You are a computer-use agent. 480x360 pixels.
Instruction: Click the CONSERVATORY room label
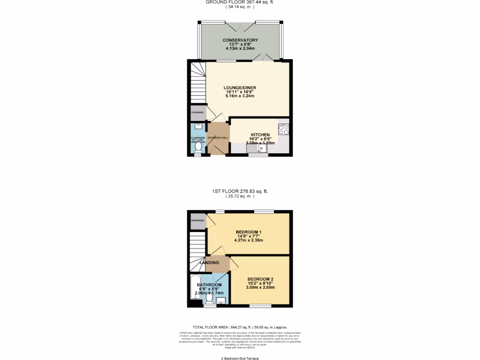pyautogui.click(x=240, y=40)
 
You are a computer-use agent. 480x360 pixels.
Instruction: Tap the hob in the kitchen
pyautogui.click(x=283, y=129)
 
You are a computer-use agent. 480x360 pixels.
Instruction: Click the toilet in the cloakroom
pyautogui.click(x=198, y=147)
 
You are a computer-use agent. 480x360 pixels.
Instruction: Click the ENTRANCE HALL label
pyautogui.click(x=218, y=137)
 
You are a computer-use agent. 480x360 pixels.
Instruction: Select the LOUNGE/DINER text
pyautogui.click(x=240, y=88)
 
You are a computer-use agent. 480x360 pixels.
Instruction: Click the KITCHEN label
pyautogui.click(x=260, y=134)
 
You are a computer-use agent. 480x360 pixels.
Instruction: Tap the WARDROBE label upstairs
pyautogui.click(x=197, y=220)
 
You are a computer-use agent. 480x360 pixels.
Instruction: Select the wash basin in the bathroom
pyautogui.click(x=222, y=300)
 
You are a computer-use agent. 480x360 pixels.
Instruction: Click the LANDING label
pyautogui.click(x=209, y=262)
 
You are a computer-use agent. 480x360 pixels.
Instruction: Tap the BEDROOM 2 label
pyautogui.click(x=260, y=279)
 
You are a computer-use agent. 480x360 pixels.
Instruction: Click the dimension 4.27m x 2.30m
pyautogui.click(x=248, y=240)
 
